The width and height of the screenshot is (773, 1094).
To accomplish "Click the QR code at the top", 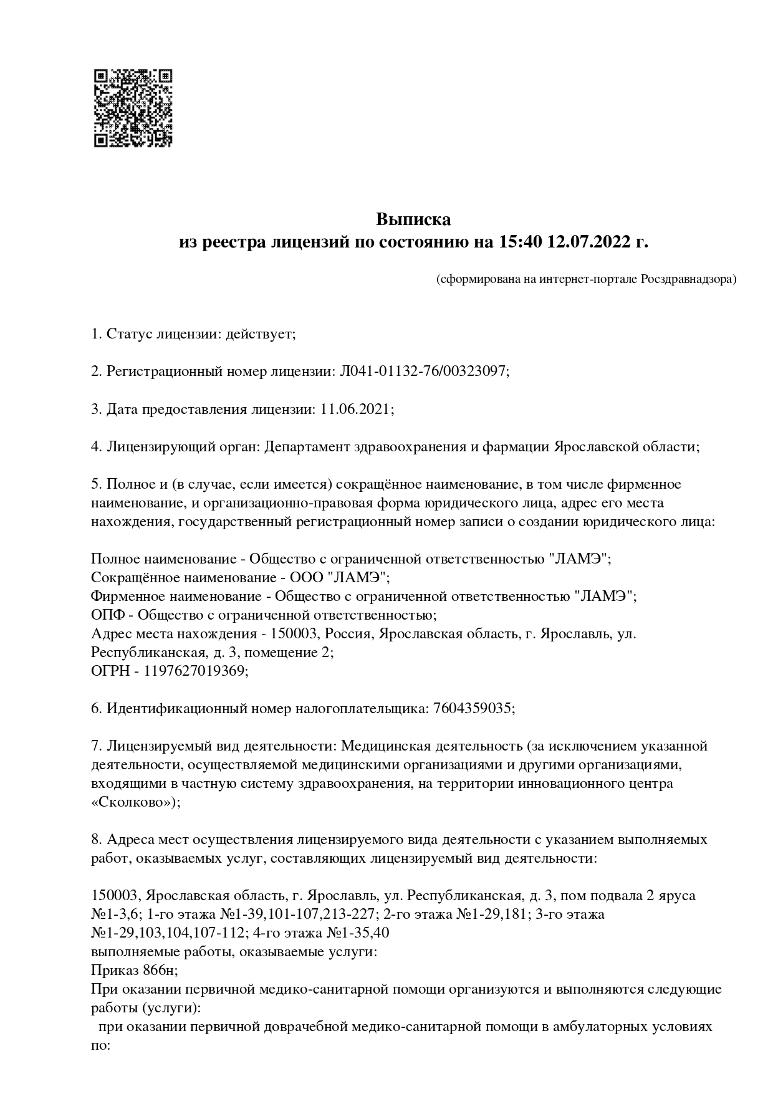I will [x=133, y=108].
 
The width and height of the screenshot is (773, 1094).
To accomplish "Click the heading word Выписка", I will [x=413, y=219].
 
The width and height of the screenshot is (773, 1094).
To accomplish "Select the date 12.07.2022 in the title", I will [x=587, y=242].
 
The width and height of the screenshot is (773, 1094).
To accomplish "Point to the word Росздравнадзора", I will [x=688, y=279].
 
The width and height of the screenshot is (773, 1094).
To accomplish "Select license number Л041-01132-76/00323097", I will [x=424, y=372].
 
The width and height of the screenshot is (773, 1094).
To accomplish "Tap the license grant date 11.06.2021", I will [x=357, y=409].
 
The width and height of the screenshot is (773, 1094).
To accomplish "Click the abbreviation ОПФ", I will [x=107, y=615].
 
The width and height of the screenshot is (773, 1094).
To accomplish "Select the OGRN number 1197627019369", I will [x=195, y=671].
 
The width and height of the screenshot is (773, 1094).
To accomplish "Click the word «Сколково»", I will [x=135, y=802].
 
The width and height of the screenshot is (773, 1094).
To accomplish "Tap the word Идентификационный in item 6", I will [x=176, y=708].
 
